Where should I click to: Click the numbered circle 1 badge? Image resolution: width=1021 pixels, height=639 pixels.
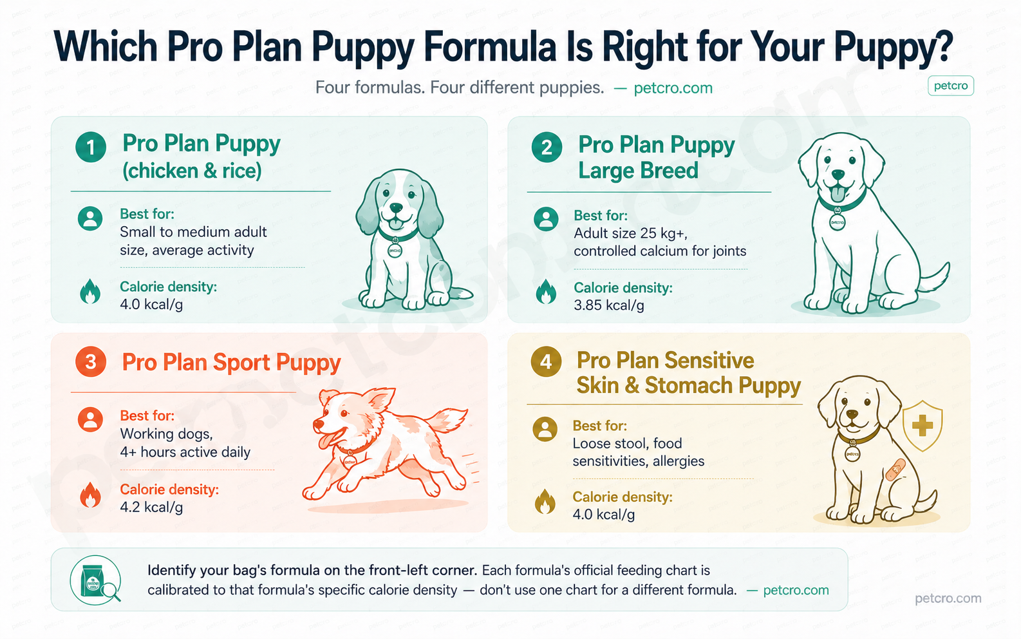click(91, 147)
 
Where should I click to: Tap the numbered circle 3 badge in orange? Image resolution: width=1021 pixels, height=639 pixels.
click(91, 362)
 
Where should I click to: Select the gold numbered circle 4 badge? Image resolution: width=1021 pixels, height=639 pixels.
click(546, 361)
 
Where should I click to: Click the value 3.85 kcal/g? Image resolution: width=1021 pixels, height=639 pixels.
click(608, 305)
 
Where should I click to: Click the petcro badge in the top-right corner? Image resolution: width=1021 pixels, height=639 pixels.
click(950, 86)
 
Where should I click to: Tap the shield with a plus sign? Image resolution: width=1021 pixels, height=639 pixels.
click(922, 425)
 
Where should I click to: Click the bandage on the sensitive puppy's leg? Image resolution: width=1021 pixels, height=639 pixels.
click(895, 470)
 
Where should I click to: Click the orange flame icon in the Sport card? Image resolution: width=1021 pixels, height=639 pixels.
click(91, 496)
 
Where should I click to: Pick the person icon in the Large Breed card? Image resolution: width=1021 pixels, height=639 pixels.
click(546, 219)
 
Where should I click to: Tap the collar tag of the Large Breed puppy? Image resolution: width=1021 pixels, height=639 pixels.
click(837, 222)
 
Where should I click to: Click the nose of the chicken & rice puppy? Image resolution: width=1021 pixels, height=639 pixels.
click(397, 208)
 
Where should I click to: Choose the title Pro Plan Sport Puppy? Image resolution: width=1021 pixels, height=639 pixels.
click(231, 363)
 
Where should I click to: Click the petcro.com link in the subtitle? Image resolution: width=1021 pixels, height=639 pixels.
click(673, 88)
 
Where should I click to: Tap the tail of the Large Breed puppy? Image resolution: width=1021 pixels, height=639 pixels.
click(937, 277)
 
